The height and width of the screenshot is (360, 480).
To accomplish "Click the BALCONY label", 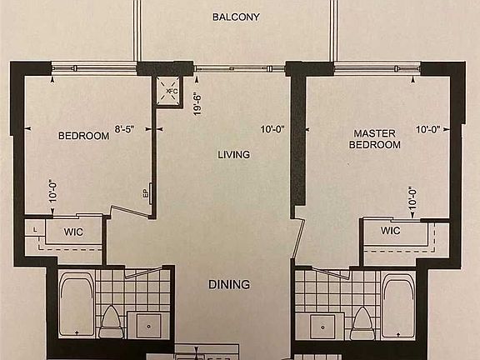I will coord(236,17).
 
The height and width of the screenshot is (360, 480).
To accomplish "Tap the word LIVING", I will coord(234,154).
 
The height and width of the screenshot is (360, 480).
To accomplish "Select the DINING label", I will coord(229,285).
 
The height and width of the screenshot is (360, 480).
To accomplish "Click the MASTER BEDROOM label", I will coord(377,138).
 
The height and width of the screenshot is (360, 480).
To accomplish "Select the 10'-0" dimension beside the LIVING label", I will coord(272,130).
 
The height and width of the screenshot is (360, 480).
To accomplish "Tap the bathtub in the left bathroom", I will coord(76,306).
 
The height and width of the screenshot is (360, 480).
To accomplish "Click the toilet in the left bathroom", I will coord(110,322).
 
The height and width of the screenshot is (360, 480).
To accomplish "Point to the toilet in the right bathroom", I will coord(362,322).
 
